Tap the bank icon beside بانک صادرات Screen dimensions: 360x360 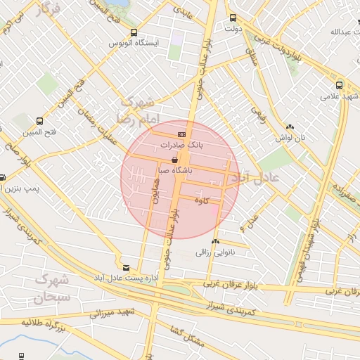(181, 134)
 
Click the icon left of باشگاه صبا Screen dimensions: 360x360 (174, 160)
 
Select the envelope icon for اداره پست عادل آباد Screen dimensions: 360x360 (126, 268)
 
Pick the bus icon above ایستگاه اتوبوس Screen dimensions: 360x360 (134, 32)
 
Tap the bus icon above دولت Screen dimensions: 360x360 (233, 18)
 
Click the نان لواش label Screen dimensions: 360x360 (291, 138)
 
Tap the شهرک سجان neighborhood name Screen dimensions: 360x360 (51, 288)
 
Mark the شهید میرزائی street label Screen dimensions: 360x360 (111, 312)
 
